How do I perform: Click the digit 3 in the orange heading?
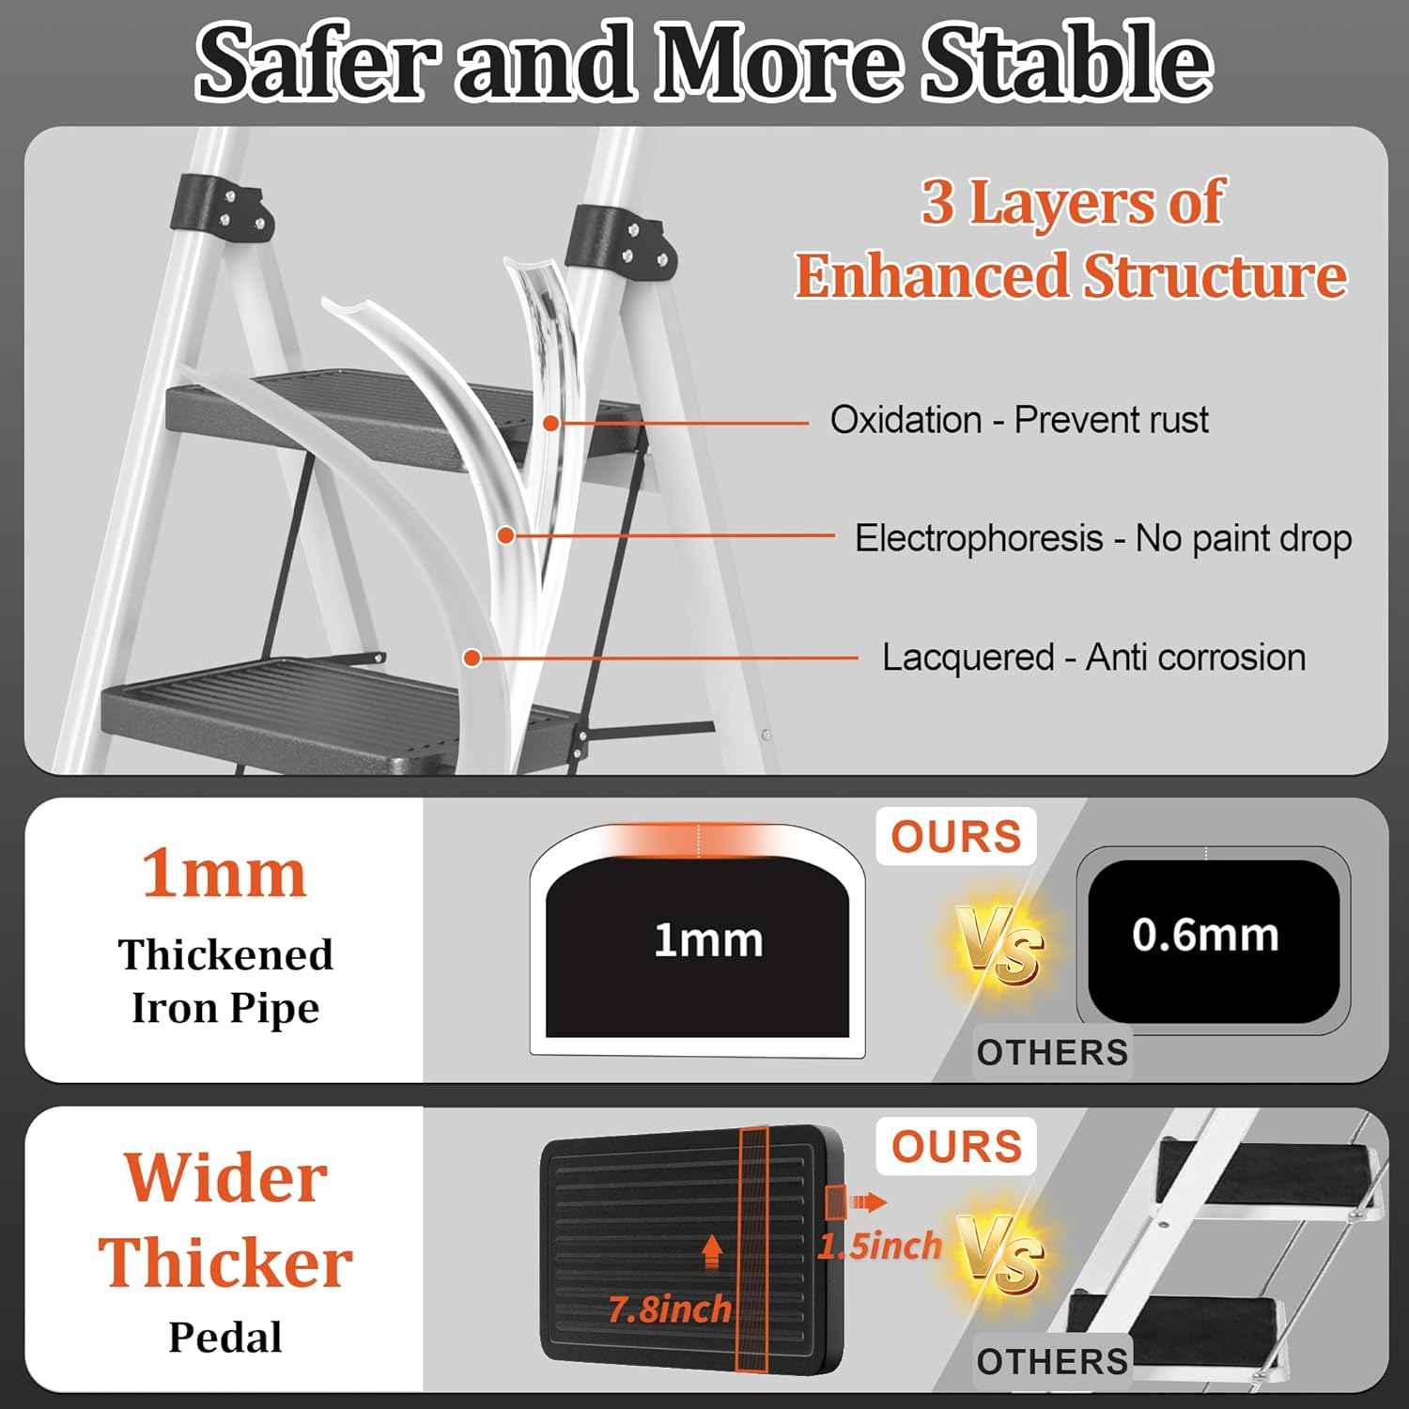937,202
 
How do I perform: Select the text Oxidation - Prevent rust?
1019,420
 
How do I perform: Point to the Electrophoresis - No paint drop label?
1103,538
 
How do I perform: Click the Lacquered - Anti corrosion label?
1093,658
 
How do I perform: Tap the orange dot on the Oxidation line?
551,424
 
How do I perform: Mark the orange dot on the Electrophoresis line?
505,535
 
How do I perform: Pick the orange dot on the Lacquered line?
472,658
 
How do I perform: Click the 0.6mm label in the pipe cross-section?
1205,936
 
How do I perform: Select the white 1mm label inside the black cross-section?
708,940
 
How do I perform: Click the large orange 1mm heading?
225,875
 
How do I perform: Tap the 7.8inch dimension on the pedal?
670,1309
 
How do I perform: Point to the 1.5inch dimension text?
879,1246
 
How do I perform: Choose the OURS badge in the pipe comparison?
956,836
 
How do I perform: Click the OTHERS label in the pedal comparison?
1052,1361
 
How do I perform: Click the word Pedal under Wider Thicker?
225,1338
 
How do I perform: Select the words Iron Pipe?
225,1009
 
